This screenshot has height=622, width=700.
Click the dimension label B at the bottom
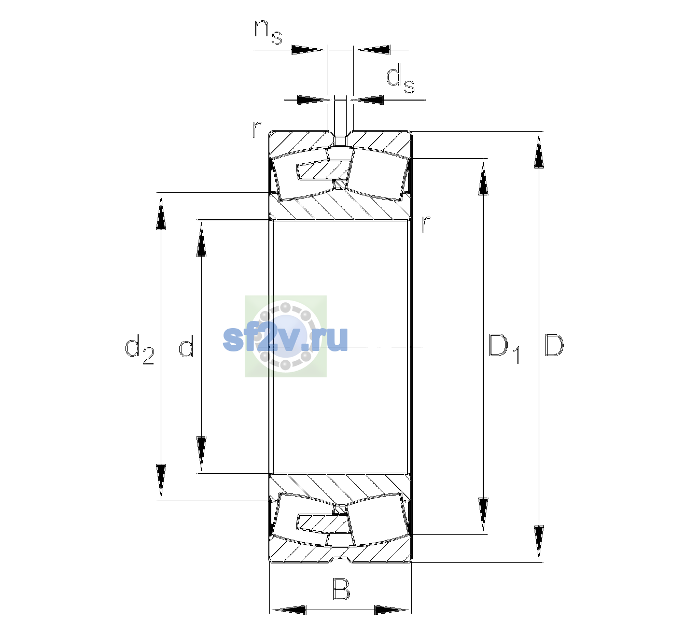[341, 589]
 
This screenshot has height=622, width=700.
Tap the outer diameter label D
[554, 345]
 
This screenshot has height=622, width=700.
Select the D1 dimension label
[505, 348]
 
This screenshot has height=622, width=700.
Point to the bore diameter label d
[186, 345]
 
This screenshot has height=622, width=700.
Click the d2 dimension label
[139, 349]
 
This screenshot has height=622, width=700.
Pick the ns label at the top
[268, 32]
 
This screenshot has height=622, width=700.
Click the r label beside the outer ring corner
[257, 129]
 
